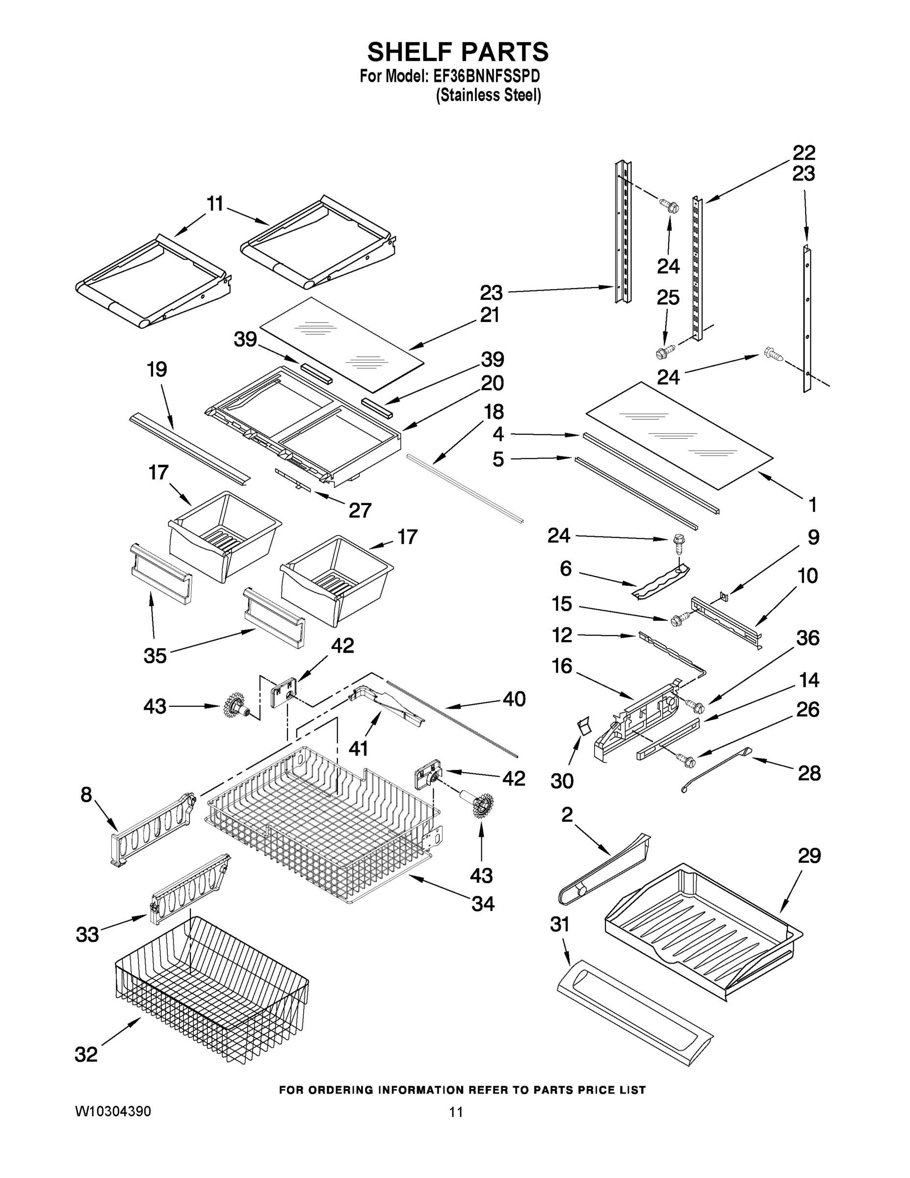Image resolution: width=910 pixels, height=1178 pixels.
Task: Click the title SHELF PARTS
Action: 458,53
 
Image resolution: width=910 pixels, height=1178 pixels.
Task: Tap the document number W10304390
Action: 113,1111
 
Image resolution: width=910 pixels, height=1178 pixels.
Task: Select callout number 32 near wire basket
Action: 86,1054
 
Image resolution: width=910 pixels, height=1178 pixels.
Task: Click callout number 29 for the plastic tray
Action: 808,856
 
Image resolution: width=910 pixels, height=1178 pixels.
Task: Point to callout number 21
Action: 490,315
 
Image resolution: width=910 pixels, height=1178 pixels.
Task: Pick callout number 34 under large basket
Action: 483,904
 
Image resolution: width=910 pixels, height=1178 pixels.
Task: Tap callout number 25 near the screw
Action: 668,298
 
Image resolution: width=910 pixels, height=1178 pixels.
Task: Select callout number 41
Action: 358,748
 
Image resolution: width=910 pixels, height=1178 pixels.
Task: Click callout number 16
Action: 562,666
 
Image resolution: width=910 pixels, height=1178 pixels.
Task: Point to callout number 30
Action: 562,780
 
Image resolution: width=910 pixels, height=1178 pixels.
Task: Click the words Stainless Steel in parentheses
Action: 488,96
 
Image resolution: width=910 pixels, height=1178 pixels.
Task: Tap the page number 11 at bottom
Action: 456,1112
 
